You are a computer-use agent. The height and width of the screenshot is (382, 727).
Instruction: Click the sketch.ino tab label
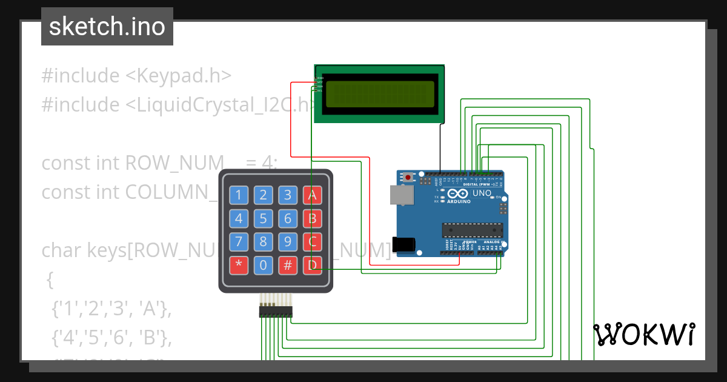coord(107,27)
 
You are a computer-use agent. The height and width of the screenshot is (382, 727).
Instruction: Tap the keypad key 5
coord(264,218)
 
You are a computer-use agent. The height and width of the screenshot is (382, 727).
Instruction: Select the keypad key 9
coord(288,242)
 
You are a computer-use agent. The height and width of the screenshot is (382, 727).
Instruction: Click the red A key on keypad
coord(312,195)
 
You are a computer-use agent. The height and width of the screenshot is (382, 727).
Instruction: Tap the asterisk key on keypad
coord(239,266)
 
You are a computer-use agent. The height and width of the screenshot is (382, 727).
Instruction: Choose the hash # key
coord(288,266)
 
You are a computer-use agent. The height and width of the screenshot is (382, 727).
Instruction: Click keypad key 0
coord(264,266)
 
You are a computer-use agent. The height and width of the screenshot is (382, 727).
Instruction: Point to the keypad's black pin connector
coord(276,311)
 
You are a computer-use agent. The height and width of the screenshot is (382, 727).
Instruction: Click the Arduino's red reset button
coord(408,177)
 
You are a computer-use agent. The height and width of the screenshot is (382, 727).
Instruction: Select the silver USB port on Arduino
coord(402,194)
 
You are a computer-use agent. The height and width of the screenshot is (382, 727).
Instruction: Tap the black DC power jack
coord(404,244)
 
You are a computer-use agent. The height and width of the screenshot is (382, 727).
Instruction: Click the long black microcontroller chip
coord(473,230)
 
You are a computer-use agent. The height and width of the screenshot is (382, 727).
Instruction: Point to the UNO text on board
coord(482,193)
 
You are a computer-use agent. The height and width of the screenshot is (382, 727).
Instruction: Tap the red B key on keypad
coord(312,218)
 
